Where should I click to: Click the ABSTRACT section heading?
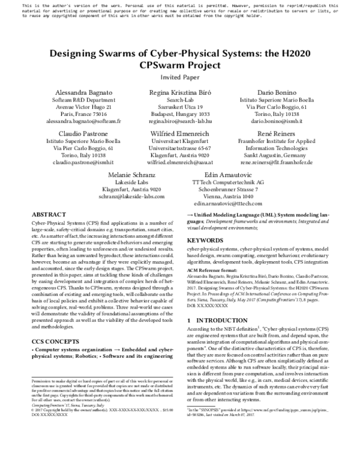click(44, 214)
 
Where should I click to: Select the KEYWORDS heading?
click(206, 240)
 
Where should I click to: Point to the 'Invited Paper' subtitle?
click(179, 77)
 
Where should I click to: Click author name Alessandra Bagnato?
click(75, 92)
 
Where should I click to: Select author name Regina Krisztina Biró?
click(179, 92)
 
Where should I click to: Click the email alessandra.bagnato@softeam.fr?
click(75, 121)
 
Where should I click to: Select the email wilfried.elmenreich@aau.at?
click(179, 162)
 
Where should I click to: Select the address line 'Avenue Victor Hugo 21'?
click(75, 106)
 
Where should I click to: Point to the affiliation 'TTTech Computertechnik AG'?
click(230, 181)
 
